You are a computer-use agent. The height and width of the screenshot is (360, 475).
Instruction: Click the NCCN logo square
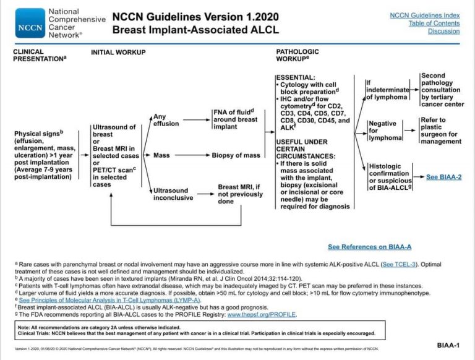click(x=30, y=23)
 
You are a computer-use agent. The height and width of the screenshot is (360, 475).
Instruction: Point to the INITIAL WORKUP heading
click(x=118, y=53)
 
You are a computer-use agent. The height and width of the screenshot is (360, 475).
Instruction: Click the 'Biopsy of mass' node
click(x=236, y=155)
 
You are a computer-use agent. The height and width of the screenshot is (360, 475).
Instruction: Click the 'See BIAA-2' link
click(x=444, y=176)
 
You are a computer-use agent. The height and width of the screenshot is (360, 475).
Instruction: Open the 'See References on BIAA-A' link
click(x=370, y=247)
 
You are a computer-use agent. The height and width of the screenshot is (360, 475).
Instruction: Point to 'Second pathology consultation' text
click(x=442, y=90)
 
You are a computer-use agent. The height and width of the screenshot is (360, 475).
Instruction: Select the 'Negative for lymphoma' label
click(x=383, y=131)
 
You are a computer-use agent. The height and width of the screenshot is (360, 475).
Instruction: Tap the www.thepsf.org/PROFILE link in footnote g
click(x=262, y=314)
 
